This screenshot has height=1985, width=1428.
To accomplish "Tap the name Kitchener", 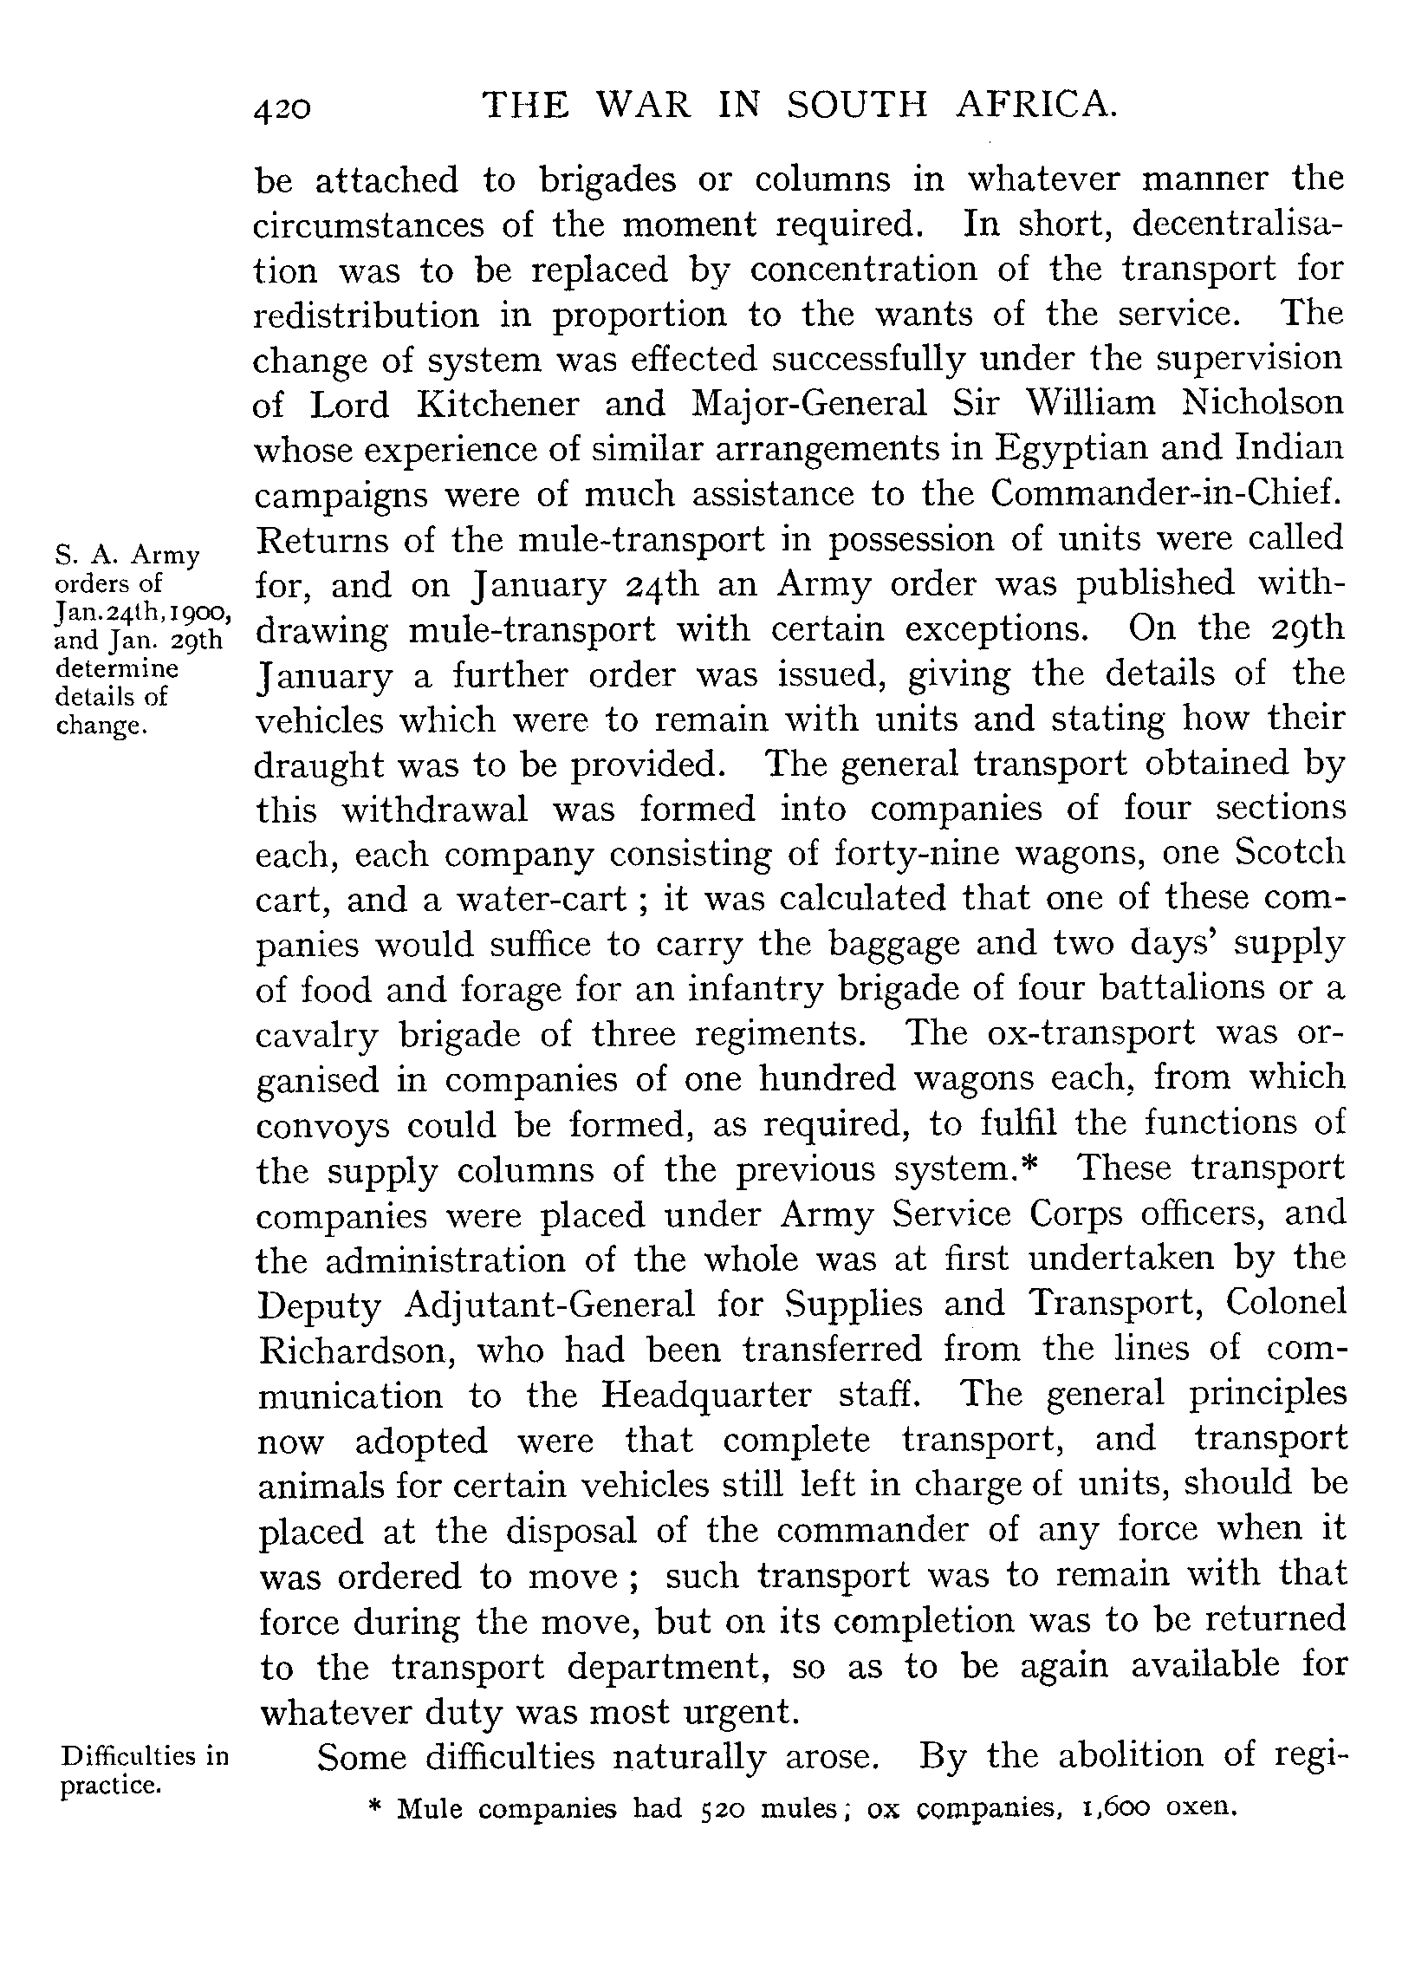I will pyautogui.click(x=498, y=404).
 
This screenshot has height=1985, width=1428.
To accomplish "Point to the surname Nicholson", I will pyautogui.click(x=1262, y=402).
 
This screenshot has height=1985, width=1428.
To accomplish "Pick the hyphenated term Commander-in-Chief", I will pyautogui.click(x=1165, y=493).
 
